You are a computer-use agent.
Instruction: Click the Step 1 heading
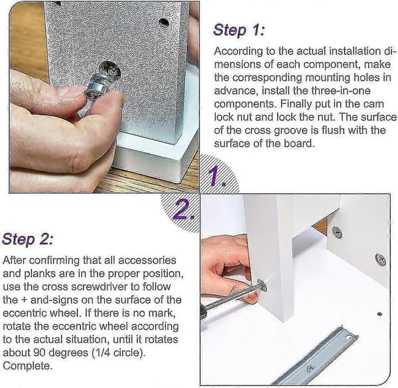239,30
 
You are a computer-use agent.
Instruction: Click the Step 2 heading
28,239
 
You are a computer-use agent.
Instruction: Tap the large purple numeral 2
184,209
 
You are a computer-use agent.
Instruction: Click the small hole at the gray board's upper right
164,23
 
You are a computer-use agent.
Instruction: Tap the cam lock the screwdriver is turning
262,285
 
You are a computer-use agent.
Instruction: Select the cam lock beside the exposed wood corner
338,232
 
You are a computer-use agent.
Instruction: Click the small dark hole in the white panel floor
379,314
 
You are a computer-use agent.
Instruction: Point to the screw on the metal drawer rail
310,368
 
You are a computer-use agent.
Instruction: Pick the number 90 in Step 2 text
39,353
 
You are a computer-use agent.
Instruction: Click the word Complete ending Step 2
27,366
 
